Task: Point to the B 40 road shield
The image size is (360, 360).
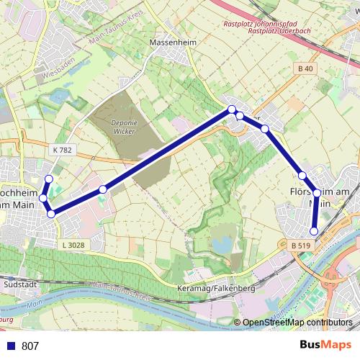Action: click(x=305, y=68)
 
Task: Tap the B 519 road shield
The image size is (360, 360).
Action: click(x=303, y=246)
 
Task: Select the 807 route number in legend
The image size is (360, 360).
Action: click(x=30, y=346)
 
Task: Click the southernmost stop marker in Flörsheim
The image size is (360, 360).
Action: click(x=313, y=231)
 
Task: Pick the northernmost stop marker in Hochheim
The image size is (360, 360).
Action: click(x=49, y=179)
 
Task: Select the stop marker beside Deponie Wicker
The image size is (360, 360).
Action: click(x=103, y=189)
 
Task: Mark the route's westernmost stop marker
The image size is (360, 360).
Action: click(x=43, y=198)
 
